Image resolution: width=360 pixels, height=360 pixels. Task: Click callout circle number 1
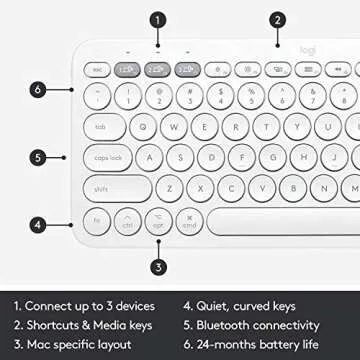(x=158, y=19)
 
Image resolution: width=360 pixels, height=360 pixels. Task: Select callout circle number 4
(x=36, y=225)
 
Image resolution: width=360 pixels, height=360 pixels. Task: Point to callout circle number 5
(x=36, y=157)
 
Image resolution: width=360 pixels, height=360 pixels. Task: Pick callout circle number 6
(x=36, y=89)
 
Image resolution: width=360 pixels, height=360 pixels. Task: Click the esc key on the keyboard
(x=99, y=70)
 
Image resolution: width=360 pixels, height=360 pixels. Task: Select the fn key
(x=98, y=221)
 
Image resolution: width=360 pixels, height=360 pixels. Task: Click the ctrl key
(x=128, y=223)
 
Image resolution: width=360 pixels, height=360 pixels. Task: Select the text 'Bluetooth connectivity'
(x=258, y=324)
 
